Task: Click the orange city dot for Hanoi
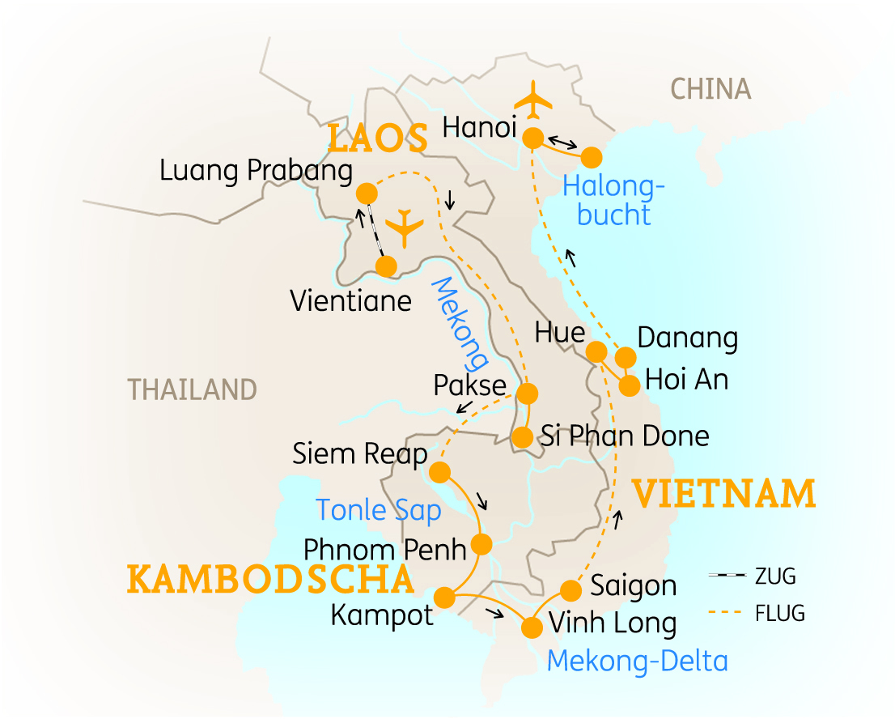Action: pos(532,138)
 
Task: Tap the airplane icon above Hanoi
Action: pos(533,100)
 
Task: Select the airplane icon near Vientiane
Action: pos(405,228)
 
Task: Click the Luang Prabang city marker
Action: pos(366,194)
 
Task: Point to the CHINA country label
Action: pos(710,89)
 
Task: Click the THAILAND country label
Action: pos(192,389)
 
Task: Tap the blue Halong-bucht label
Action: pos(613,201)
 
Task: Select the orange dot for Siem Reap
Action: pos(439,471)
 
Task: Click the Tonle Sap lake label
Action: pos(378,510)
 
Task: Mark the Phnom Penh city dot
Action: pos(481,543)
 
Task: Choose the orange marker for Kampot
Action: pos(444,598)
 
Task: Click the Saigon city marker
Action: pos(571,589)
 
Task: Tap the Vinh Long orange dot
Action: pos(532,628)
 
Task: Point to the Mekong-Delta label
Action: pos(637,661)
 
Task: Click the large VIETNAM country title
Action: pos(723,494)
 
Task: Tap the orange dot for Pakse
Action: pos(527,394)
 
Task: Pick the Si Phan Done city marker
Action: pos(523,438)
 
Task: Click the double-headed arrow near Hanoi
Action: pos(560,141)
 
